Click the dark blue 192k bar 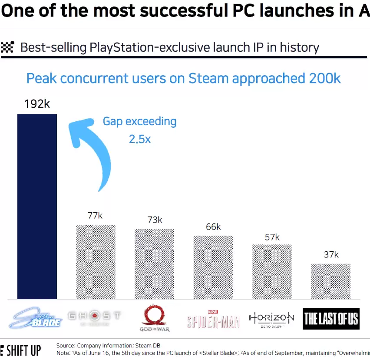(37, 207)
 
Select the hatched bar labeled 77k (96, 262)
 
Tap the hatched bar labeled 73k (154, 264)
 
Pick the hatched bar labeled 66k (213, 267)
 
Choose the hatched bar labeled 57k (272, 272)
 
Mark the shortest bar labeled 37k (330, 281)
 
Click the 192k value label (37, 104)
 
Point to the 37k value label (331, 254)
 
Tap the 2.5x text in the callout (139, 139)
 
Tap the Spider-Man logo (213, 320)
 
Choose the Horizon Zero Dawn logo (271, 319)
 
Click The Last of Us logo (331, 319)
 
